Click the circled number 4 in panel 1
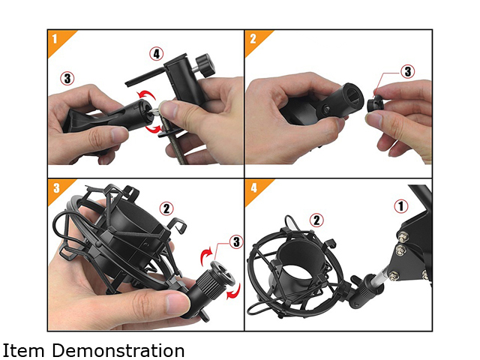(x=157, y=54)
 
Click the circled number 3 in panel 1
(x=67, y=78)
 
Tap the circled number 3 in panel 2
(x=408, y=71)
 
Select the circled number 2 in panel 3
(x=166, y=208)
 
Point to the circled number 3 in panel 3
(x=236, y=241)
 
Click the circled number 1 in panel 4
(x=401, y=206)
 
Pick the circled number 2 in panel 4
(x=316, y=220)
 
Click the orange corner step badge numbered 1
(x=58, y=39)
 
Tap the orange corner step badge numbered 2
(x=256, y=39)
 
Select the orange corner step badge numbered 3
(x=58, y=188)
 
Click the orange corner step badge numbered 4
(x=256, y=188)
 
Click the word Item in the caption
(x=23, y=350)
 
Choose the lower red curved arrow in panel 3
(x=234, y=292)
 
